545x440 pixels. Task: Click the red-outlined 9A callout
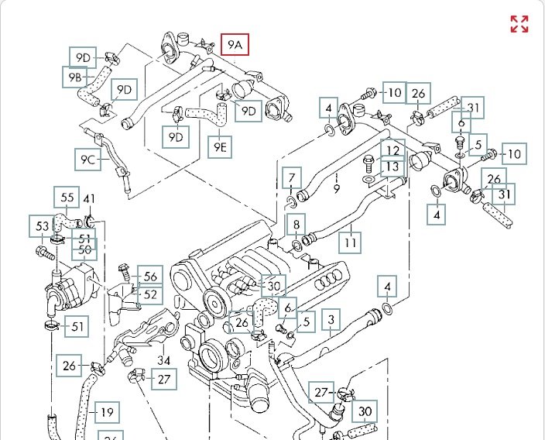coord(235,45)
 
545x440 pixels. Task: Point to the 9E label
coord(220,146)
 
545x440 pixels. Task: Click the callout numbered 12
coord(393,150)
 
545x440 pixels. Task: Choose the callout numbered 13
coord(393,167)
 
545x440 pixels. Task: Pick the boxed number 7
coord(291,179)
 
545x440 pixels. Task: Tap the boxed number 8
coord(296,225)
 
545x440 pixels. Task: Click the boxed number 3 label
coord(331,319)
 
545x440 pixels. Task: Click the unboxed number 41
coord(89,199)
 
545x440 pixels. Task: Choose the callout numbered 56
coord(150,277)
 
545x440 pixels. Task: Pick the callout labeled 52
coord(150,294)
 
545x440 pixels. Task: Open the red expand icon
coord(519,24)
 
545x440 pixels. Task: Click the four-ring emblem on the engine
coord(337,277)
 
